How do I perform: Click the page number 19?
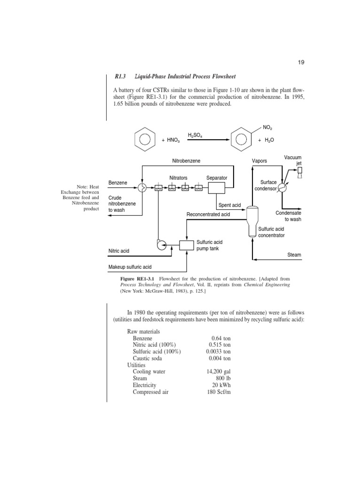pyautogui.click(x=301, y=63)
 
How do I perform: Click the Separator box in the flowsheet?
pyautogui.click(x=217, y=188)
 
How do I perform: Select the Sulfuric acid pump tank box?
pyautogui.click(x=187, y=245)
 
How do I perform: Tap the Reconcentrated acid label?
pyautogui.click(x=208, y=214)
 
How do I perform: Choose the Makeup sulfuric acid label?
pyautogui.click(x=130, y=267)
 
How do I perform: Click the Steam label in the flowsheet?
pyautogui.click(x=294, y=255)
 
